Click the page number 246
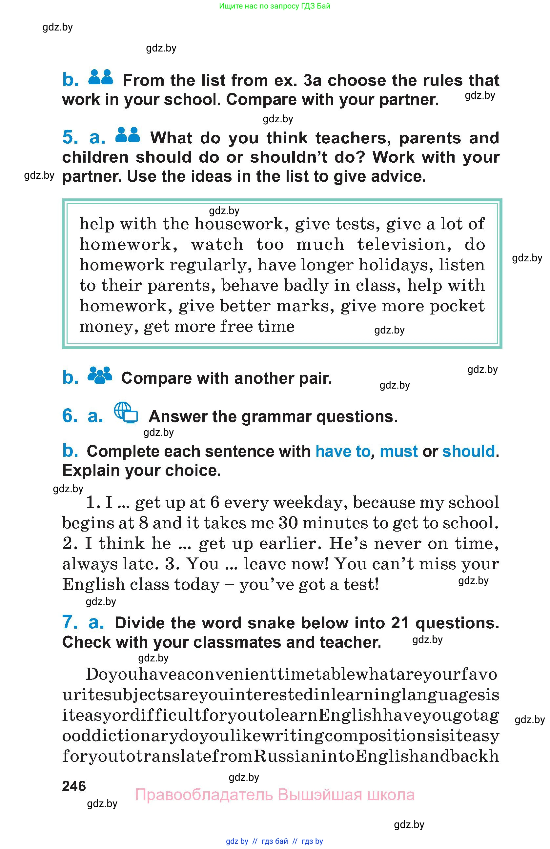(74, 786)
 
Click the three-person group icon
(100, 375)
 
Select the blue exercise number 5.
(70, 138)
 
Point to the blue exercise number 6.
(70, 416)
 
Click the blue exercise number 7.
(70, 622)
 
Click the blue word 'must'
(398, 452)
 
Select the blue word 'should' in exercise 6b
(469, 452)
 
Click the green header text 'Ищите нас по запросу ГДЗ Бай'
(275, 6)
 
